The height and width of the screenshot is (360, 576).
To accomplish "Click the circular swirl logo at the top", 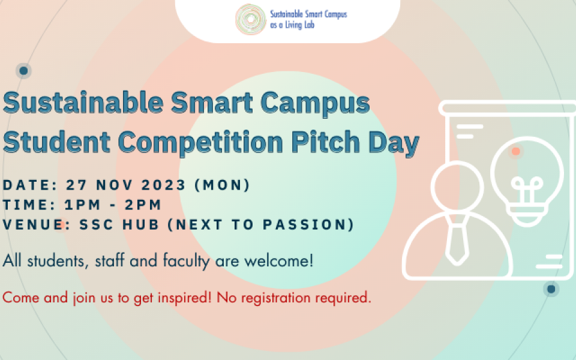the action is [x=251, y=19].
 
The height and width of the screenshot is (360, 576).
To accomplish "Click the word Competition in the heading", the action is [x=200, y=142].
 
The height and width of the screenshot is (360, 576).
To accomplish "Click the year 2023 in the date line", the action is [x=163, y=185].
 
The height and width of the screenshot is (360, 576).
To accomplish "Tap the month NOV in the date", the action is [x=115, y=185].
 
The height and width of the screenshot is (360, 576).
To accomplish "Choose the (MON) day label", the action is [x=222, y=185].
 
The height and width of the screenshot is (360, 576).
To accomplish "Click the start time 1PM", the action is [x=82, y=205].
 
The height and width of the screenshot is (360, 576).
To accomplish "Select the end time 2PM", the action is [x=143, y=205].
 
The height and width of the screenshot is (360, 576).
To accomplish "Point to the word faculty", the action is [x=186, y=261].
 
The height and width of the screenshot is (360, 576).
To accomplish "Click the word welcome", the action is [x=279, y=261].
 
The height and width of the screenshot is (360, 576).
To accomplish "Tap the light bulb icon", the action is [x=527, y=181].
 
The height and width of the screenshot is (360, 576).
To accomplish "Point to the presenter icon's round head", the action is [x=457, y=186].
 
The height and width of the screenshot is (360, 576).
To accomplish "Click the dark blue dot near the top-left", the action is [x=23, y=71].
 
